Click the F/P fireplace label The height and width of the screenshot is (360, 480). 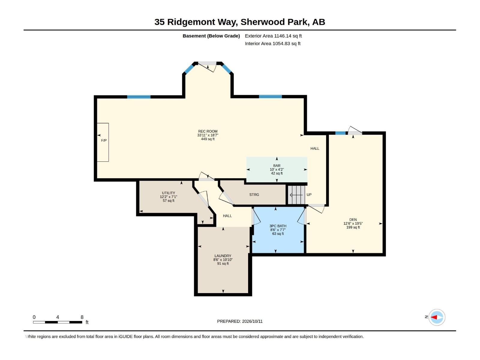pos(104,140)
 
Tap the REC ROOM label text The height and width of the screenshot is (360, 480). pos(208,131)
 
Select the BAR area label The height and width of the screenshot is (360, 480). pos(277,166)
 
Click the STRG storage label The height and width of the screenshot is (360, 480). pos(254,194)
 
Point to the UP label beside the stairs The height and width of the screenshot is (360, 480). pos(309,194)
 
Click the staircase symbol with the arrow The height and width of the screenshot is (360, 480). pos(296,195)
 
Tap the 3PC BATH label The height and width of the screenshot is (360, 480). pos(278,226)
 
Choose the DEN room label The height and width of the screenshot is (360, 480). pos(353,220)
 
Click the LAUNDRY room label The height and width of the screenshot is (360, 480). pos(223,256)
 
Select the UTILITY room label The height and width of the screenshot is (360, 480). pos(168,193)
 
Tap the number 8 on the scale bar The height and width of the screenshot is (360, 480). pos(82,317)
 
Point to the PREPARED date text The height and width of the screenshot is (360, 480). pos(240,321)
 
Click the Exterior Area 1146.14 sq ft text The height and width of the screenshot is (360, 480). pos(273,36)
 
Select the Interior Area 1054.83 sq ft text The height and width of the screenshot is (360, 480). pos(272,43)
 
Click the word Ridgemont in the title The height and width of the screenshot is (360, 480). pos(192,22)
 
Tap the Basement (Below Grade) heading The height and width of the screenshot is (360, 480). pos(211,36)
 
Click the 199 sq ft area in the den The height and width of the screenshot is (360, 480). pos(353,227)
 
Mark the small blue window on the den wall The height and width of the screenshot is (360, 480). pos(340,133)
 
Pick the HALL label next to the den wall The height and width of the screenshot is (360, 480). pos(315,148)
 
